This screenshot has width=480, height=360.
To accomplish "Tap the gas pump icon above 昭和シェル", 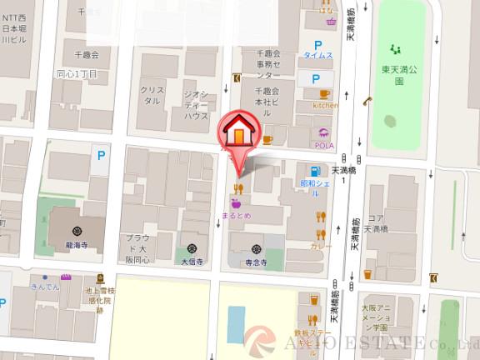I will (x=311, y=167).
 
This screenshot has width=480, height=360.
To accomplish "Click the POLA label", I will (x=324, y=145).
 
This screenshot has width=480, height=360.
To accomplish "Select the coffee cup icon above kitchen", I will (x=324, y=94).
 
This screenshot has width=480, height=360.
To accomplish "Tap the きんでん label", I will (x=45, y=287).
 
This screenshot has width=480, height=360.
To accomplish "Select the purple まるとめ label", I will (x=237, y=214).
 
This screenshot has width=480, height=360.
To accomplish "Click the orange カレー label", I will (x=321, y=247).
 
